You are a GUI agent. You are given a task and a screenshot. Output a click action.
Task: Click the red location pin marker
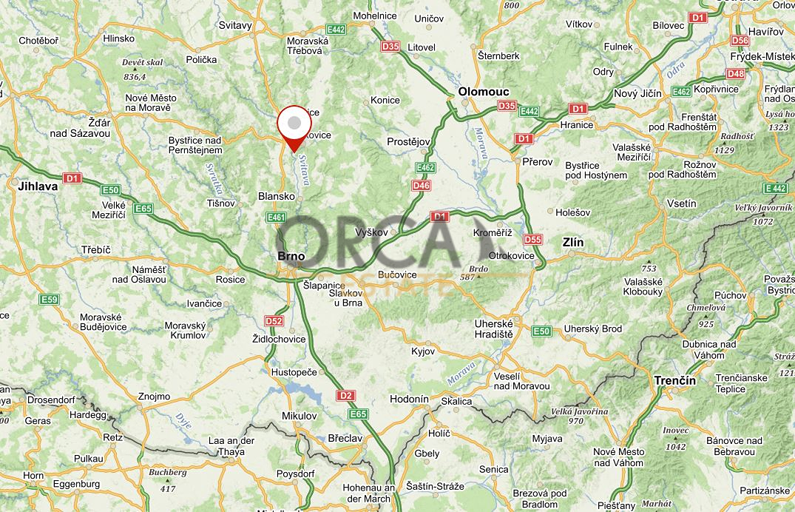(294, 126)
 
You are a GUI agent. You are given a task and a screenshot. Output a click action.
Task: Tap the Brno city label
(291, 256)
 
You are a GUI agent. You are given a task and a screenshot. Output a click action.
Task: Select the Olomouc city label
(484, 92)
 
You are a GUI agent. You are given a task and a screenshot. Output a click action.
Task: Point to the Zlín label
(572, 242)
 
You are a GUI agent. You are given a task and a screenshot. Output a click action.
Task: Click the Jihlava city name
(38, 187)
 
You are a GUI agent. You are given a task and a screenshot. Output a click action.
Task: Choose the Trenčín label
(674, 380)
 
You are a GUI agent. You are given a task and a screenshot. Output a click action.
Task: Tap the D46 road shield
(422, 185)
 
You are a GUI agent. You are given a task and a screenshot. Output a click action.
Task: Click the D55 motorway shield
(532, 240)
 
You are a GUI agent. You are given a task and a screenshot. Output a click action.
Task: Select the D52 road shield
(274, 321)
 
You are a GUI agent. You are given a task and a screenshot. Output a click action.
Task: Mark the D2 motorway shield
(345, 396)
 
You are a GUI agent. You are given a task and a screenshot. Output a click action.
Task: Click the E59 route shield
(49, 299)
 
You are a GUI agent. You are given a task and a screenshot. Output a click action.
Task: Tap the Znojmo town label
(154, 397)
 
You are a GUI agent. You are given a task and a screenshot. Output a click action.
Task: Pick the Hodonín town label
(409, 399)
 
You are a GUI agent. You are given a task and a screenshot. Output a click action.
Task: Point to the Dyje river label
(183, 422)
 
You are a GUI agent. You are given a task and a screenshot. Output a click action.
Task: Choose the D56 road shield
(740, 41)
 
